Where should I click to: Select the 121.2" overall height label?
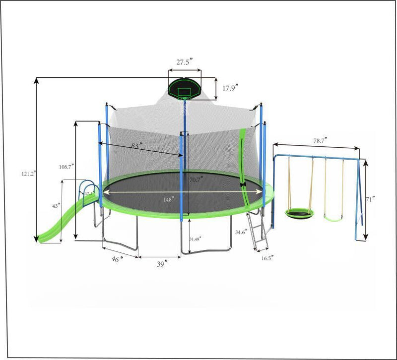click(28, 174)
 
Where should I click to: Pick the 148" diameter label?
click(169, 199)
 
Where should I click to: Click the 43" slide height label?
click(56, 205)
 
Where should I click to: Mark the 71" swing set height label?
click(370, 199)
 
